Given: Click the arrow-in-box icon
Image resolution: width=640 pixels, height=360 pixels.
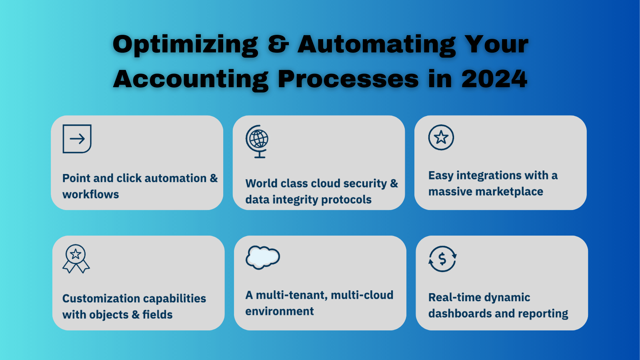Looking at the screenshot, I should (77, 139).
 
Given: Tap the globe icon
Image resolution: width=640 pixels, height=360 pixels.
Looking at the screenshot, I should (257, 141).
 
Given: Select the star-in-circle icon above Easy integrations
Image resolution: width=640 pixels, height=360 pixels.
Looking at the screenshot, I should (441, 138).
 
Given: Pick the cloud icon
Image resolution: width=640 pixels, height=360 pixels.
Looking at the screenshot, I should (262, 257).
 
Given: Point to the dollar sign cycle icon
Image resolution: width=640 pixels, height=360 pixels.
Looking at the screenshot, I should (442, 259).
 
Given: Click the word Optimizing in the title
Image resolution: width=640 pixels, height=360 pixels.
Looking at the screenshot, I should (185, 45).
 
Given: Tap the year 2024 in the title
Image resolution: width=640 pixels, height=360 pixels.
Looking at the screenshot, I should (494, 79).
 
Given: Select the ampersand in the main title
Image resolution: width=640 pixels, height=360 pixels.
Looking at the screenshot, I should (278, 44).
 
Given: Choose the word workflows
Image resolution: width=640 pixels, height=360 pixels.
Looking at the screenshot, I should (91, 194).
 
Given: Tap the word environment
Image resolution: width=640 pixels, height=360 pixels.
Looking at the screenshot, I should (280, 311).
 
